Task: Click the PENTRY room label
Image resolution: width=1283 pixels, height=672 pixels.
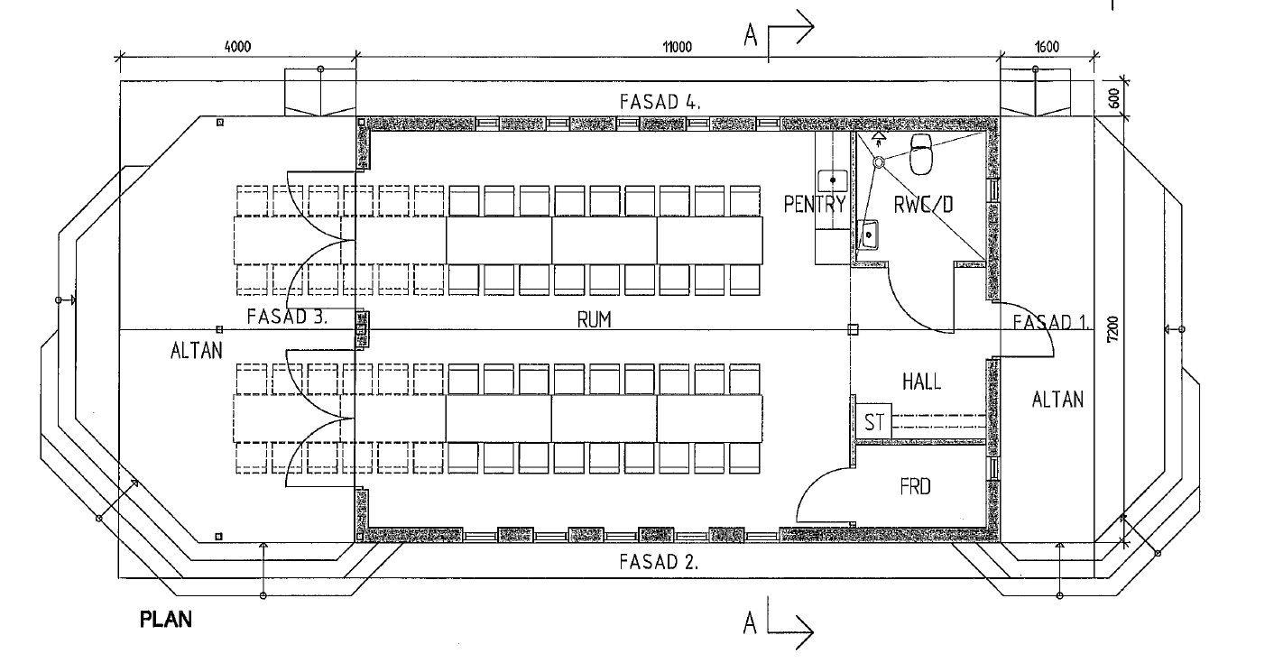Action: tap(815, 205)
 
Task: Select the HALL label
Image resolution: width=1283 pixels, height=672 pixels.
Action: tap(921, 382)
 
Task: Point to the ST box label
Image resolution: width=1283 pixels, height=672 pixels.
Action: tap(873, 422)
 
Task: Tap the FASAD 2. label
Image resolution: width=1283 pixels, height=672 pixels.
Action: tap(659, 561)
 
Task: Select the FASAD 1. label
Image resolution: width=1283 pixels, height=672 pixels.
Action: tap(1052, 322)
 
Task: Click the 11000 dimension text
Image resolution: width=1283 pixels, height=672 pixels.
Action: tap(676, 48)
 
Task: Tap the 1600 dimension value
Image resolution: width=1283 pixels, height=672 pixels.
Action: tap(1047, 48)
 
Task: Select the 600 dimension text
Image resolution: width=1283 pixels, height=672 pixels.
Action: tap(1115, 97)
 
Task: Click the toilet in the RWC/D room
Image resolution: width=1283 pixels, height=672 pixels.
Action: tap(920, 155)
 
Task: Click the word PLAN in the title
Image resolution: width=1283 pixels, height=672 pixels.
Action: tap(166, 621)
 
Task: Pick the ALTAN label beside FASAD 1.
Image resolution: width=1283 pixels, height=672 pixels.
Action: tap(1057, 399)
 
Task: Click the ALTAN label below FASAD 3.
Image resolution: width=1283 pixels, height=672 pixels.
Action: tap(195, 350)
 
